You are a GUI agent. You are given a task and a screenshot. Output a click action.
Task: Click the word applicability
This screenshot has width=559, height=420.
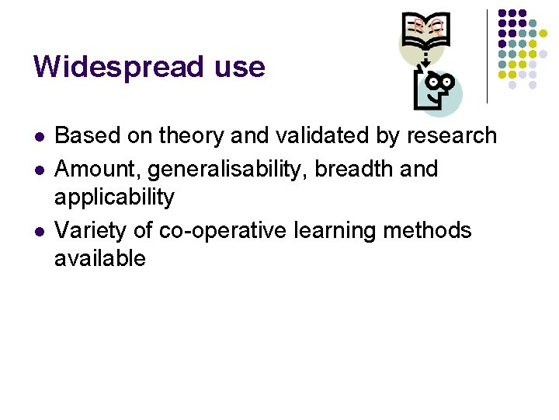(114, 198)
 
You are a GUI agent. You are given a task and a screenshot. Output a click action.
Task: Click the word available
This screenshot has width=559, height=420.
(100, 258)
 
